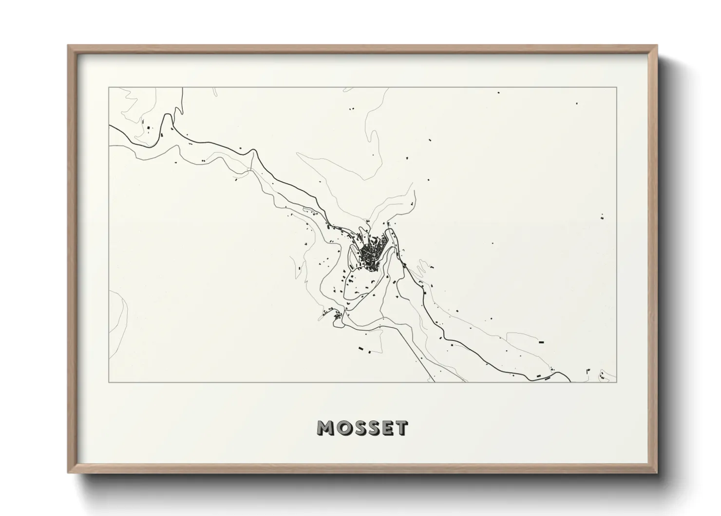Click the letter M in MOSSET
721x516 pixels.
[327, 428]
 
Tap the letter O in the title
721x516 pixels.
[344, 428]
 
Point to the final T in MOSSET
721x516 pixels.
[401, 428]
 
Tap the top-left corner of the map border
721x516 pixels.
[109, 87]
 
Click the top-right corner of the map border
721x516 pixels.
[617, 87]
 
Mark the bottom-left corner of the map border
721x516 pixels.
[109, 382]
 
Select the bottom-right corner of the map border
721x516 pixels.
[617, 382]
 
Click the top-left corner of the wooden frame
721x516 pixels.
[68, 45]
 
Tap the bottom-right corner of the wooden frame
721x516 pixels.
[657, 473]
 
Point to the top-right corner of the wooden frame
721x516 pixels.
[657, 45]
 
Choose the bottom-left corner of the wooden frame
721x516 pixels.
[68, 473]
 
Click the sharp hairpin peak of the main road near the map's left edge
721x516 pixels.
[168, 116]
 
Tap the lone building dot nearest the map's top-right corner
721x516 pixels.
[577, 103]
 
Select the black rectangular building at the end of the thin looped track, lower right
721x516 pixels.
[541, 342]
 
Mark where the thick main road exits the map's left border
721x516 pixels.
[110, 126]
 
